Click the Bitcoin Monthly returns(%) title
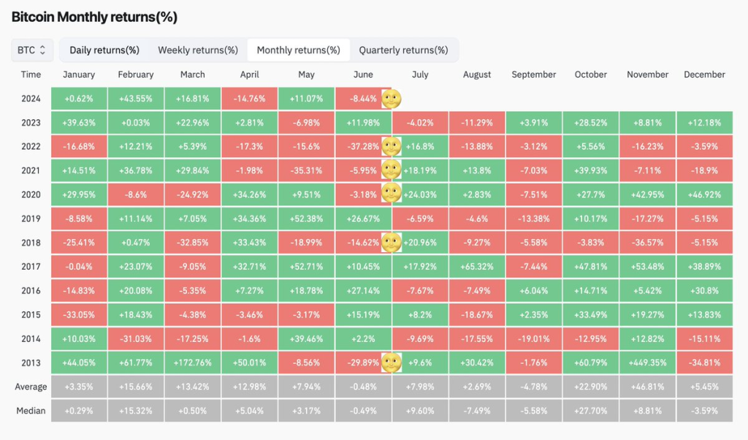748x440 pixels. point(94,18)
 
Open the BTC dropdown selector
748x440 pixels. point(32,50)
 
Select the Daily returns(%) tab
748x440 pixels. point(104,50)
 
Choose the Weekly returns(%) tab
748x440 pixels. point(198,50)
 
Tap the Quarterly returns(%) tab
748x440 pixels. point(403,50)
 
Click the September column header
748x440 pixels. point(534,75)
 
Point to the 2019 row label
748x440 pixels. point(31,219)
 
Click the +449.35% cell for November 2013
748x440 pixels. point(647,363)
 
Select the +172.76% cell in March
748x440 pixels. point(193,363)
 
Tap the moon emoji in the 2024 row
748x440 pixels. point(392,99)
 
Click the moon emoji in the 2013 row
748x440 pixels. point(392,363)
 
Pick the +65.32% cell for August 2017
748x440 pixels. point(477,267)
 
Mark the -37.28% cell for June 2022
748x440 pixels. point(364,146)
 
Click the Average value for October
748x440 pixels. point(590,387)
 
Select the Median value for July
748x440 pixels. point(420,411)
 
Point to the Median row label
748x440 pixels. point(31,411)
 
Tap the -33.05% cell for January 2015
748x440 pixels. point(79,314)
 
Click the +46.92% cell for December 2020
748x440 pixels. point(705,194)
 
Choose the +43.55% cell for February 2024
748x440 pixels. point(136,99)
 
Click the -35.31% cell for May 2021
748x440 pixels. point(306,170)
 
